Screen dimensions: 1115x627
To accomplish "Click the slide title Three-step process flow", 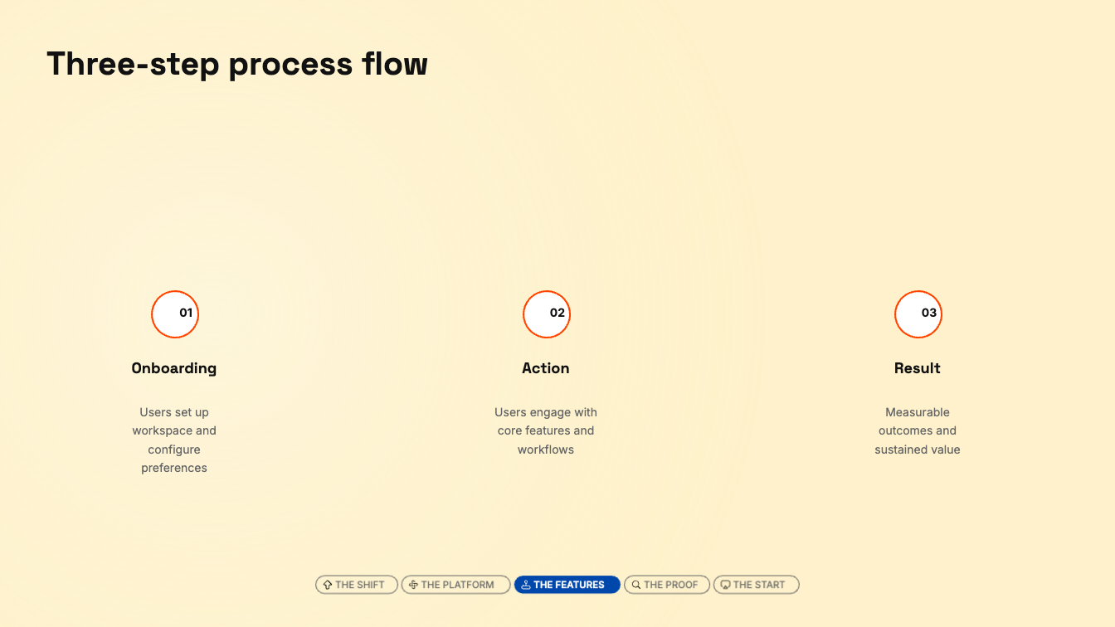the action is pyautogui.click(x=237, y=65).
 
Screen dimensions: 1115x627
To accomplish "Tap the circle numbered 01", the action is pyautogui.click(x=175, y=314).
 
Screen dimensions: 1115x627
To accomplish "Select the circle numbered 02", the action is pyautogui.click(x=547, y=314).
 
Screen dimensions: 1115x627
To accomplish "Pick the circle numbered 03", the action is pyautogui.click(x=918, y=314).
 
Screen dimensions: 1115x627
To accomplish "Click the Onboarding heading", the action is pyautogui.click(x=173, y=368).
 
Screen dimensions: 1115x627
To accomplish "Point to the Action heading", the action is pyautogui.click(x=546, y=368).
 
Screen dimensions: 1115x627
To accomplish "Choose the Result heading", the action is pyautogui.click(x=918, y=368).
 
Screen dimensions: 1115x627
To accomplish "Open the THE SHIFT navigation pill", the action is pyautogui.click(x=357, y=585).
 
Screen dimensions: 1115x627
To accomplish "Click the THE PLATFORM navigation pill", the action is pyautogui.click(x=456, y=585).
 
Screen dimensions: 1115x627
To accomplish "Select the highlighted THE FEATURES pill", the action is pyautogui.click(x=567, y=585).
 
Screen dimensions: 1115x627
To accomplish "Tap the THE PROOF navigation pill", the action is pyautogui.click(x=666, y=585).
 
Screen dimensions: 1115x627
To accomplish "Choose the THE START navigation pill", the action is pyautogui.click(x=756, y=585).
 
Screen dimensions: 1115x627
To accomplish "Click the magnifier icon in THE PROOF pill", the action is pyautogui.click(x=636, y=586).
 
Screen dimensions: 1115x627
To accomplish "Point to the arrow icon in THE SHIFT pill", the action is pyautogui.click(x=328, y=586).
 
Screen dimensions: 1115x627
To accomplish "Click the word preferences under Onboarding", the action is pyautogui.click(x=173, y=469).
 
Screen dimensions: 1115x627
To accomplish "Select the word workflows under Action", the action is pyautogui.click(x=546, y=450).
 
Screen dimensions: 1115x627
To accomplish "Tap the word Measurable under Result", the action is pyautogui.click(x=918, y=412).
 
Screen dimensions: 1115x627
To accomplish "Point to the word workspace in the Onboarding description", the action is pyautogui.click(x=158, y=431).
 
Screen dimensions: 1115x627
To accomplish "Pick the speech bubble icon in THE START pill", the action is pyautogui.click(x=726, y=586).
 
